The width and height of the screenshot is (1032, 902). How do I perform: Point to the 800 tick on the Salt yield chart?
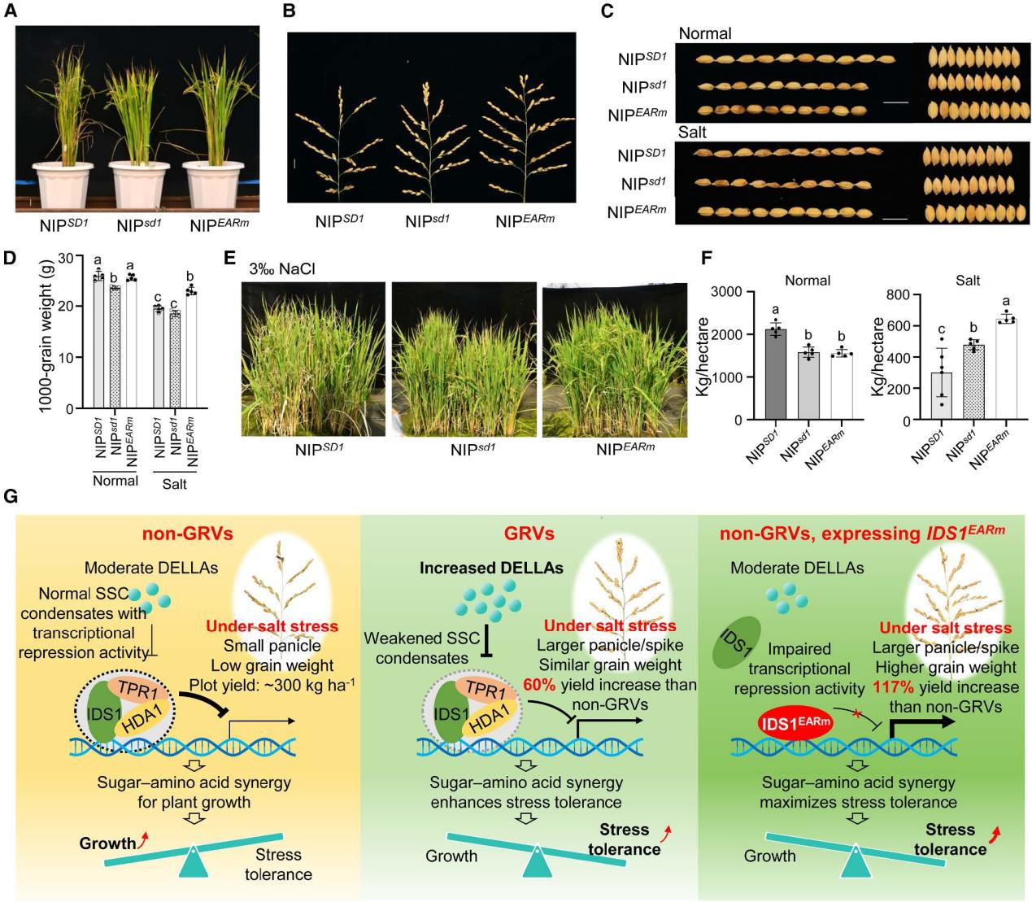pos(899,294)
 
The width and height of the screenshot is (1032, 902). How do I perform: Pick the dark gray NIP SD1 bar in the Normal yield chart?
pos(775,374)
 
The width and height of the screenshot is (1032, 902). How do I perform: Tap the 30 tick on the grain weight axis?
pos(75,256)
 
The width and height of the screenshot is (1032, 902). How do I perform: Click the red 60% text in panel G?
pos(539,685)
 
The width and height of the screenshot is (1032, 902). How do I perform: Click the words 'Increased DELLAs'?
pos(491,568)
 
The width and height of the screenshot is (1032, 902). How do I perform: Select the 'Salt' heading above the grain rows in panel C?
pos(692,132)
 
